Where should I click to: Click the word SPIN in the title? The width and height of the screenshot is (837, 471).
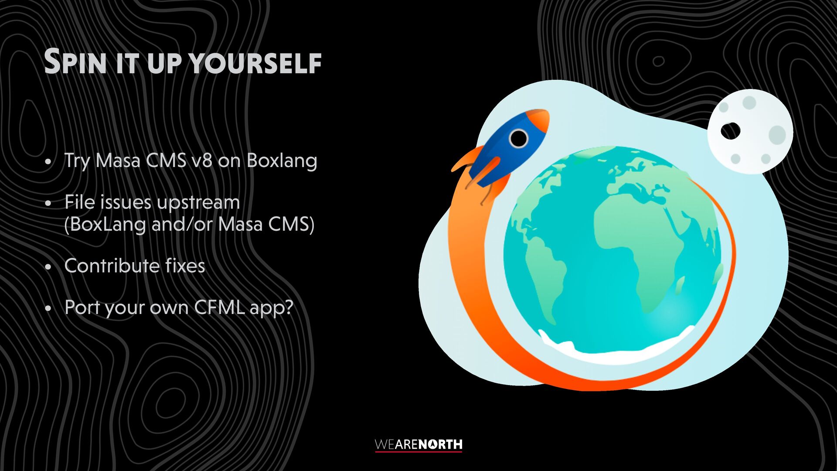pos(75,62)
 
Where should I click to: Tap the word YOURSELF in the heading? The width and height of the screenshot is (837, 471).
pos(255,64)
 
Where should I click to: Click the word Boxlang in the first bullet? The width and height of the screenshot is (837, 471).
pos(282,161)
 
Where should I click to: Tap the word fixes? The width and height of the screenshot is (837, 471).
pos(185,266)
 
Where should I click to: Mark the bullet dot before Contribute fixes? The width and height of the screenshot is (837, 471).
pos(48,267)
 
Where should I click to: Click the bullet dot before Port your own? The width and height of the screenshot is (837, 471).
pos(48,309)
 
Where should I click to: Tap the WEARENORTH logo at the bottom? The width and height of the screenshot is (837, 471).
pos(418,445)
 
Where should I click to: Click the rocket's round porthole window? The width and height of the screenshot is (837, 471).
pos(518,139)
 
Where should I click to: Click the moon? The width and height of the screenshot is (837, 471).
pos(750,131)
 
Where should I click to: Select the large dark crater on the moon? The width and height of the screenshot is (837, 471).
pos(731,131)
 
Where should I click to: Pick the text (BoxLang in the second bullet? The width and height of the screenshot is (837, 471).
pos(105,225)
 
